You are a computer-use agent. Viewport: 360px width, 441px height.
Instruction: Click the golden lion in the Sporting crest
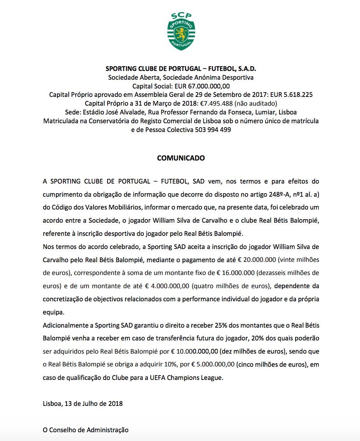click(181, 34)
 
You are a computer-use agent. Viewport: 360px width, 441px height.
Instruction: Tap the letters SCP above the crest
click(181, 16)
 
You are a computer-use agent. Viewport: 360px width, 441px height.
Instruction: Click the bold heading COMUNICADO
click(181, 158)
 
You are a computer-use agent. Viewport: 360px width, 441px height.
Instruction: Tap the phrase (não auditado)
click(256, 103)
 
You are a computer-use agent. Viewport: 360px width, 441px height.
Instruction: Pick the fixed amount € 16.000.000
click(238, 273)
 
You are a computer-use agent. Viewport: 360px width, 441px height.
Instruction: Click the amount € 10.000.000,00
click(195, 352)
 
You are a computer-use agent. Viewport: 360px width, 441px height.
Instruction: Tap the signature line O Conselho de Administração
click(86, 430)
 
